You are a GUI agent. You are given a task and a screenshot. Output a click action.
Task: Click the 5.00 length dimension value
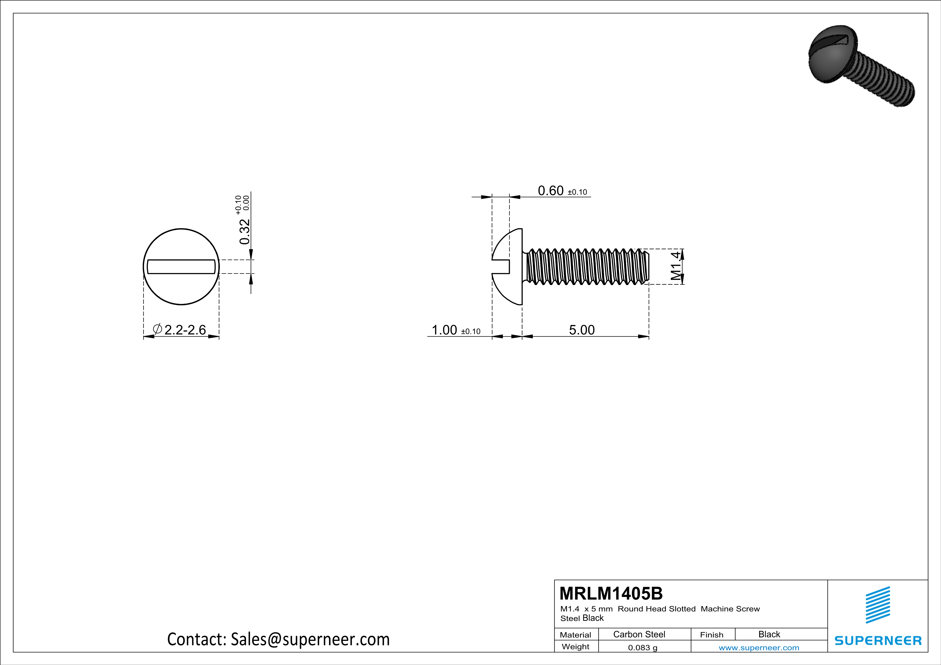pos(581,330)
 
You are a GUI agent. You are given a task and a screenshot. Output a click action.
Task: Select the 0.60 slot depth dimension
pos(550,191)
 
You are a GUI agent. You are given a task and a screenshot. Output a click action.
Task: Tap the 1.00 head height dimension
pos(444,330)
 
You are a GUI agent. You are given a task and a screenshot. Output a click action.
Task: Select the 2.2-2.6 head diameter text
pos(185,330)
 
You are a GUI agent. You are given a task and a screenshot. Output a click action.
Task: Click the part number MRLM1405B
pos(611,593)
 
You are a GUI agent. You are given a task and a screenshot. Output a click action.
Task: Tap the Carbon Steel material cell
pos(639,634)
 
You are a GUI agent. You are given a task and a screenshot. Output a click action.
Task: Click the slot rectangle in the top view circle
pos(181,267)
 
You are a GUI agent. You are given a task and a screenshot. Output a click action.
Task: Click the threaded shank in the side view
pos(586,266)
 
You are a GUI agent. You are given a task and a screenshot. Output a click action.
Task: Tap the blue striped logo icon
pos(877,605)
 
